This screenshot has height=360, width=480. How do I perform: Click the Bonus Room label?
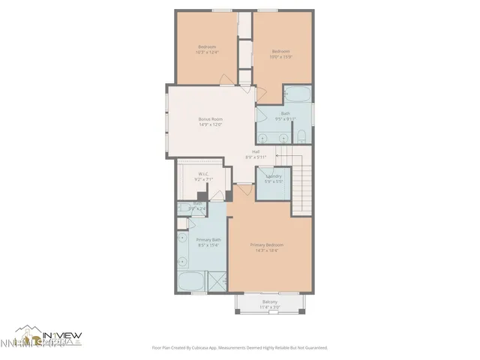(x=211, y=119)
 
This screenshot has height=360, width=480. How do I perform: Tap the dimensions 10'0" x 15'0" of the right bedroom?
(x=281, y=56)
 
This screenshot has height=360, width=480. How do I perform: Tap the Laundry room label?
(x=274, y=176)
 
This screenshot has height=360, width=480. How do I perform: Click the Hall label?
(x=256, y=151)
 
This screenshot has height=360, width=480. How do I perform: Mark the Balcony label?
(x=269, y=302)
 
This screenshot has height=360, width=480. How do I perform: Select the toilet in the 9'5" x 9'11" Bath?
(x=300, y=136)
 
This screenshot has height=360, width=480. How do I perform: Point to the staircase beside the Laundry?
(x=299, y=178)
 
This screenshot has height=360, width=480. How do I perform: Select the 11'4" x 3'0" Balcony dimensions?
(x=269, y=307)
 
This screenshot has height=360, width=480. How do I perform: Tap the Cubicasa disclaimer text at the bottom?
(x=240, y=348)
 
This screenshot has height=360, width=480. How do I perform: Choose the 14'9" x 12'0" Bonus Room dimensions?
(x=211, y=124)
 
